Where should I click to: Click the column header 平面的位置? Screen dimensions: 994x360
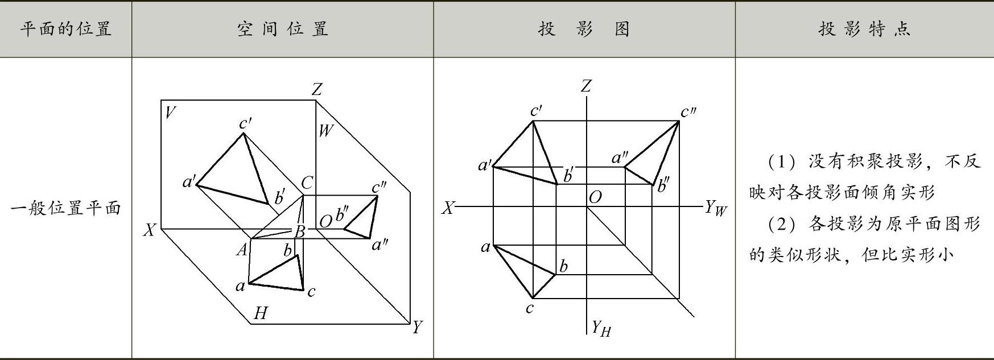pyautogui.click(x=66, y=29)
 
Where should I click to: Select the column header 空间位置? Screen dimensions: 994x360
pyautogui.click(x=282, y=29)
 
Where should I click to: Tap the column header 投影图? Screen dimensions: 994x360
pyautogui.click(x=584, y=29)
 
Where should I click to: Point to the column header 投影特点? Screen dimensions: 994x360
pyautogui.click(x=864, y=29)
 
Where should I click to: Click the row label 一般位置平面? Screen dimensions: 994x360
pyautogui.click(x=66, y=208)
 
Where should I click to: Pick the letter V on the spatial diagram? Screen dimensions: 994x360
pyautogui.click(x=169, y=113)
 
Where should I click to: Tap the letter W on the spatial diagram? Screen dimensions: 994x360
pyautogui.click(x=325, y=131)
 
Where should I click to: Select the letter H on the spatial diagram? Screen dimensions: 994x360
pyautogui.click(x=261, y=313)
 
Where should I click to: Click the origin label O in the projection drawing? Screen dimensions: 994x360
pyautogui.click(x=595, y=197)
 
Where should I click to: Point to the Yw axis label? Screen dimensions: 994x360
pyautogui.click(x=716, y=208)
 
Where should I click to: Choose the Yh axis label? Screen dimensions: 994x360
pyautogui.click(x=601, y=328)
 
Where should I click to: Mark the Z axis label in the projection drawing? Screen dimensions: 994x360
pyautogui.click(x=586, y=86)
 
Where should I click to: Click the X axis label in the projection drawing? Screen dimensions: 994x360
pyautogui.click(x=448, y=208)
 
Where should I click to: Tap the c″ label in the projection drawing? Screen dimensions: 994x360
pyautogui.click(x=688, y=112)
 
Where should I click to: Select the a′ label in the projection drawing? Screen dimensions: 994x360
pyautogui.click(x=485, y=165)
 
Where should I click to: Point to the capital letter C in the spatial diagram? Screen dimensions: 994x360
pyautogui.click(x=307, y=183)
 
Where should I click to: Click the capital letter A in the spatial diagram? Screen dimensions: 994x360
pyautogui.click(x=242, y=249)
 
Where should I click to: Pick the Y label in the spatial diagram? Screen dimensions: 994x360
pyautogui.click(x=418, y=327)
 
